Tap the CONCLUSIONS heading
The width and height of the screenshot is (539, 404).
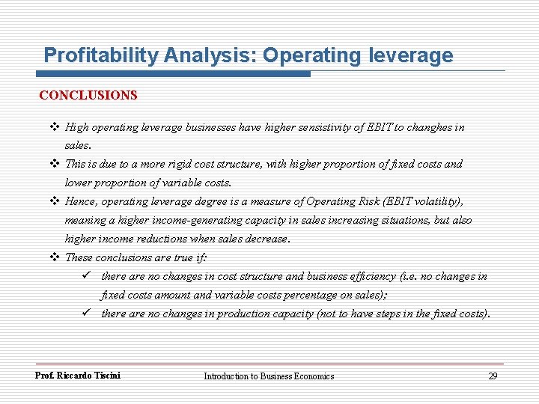pos(88,96)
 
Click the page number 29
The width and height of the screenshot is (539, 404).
pos(492,376)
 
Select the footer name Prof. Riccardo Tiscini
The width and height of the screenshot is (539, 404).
pos(78,376)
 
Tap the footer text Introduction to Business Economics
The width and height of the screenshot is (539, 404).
pos(269,376)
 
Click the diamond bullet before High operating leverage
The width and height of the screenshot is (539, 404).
pos(55,127)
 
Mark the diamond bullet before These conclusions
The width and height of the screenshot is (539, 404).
pos(55,257)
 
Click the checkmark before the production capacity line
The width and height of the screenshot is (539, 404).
pos(87,313)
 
